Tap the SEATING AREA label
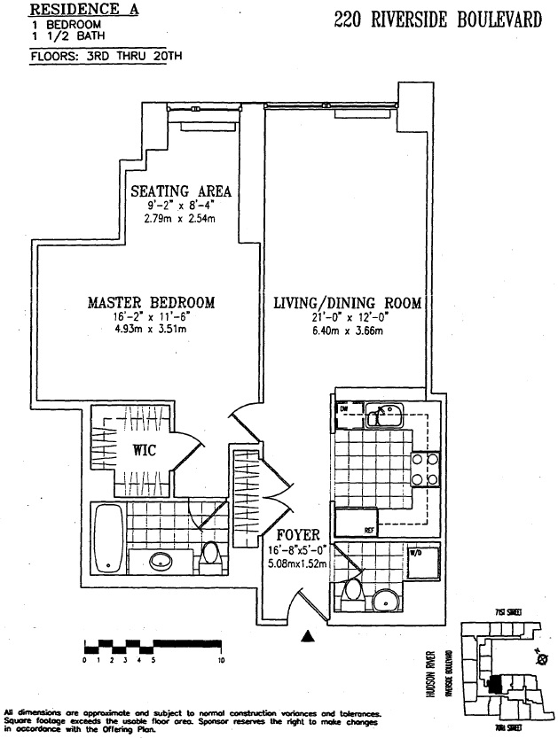pos(181,191)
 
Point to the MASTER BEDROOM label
pos(151,303)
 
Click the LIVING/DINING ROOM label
pos(347,303)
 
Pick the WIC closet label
pos(145,449)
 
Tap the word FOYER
pos(292,536)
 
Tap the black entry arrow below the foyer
pos(309,634)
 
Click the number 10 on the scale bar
pos(221,660)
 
